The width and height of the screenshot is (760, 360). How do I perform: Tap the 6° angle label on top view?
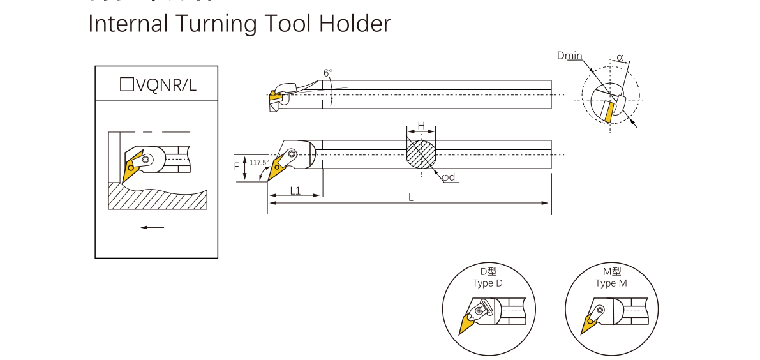pos(327,73)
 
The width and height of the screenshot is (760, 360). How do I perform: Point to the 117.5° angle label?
pos(258,163)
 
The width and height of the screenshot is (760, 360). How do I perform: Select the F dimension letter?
pos(236,167)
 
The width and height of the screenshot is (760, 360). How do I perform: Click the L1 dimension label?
pos(295,190)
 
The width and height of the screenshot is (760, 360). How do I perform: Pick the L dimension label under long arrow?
pos(411,197)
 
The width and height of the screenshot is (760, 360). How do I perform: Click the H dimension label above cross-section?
pos(421,125)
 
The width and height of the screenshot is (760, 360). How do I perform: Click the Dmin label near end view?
pos(569,56)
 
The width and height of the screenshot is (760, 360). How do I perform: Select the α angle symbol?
pos(620,57)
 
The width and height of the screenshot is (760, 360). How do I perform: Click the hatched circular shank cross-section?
pos(421,154)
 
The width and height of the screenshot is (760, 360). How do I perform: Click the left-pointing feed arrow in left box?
pos(153,227)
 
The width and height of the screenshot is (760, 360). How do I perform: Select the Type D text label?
pos(488,283)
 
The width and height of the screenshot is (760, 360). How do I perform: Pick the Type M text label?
pos(611,283)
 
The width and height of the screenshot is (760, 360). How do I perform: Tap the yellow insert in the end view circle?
pos(608,112)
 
